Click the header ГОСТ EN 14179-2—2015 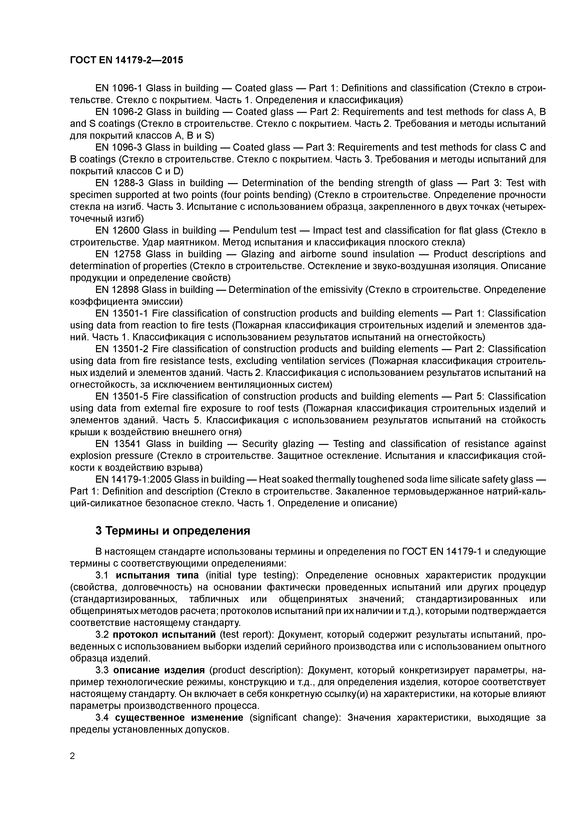126,60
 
